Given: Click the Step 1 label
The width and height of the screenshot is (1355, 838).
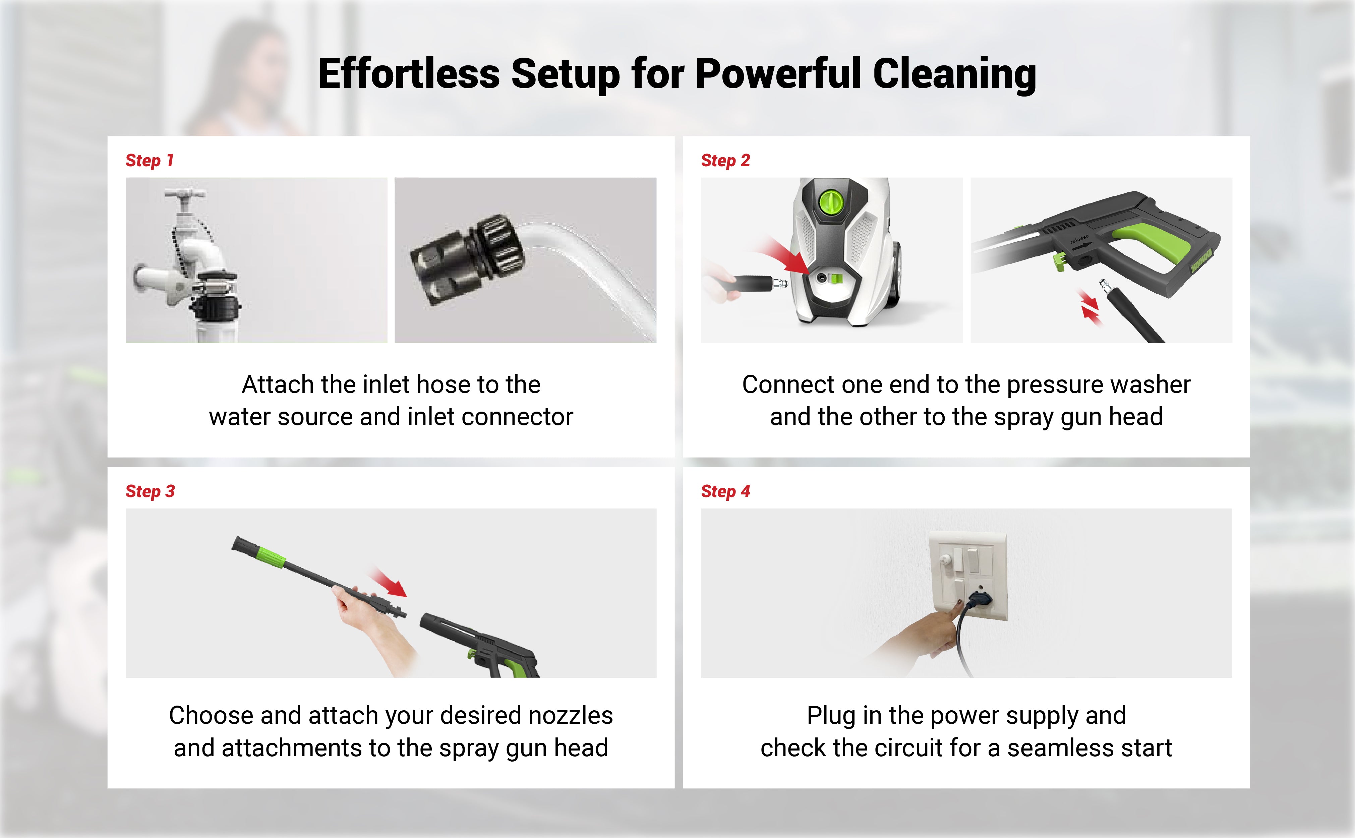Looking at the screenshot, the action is point(150,160).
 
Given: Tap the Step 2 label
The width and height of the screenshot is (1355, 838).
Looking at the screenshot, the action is point(725,160).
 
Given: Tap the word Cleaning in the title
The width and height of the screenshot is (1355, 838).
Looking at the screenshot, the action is point(954,75).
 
